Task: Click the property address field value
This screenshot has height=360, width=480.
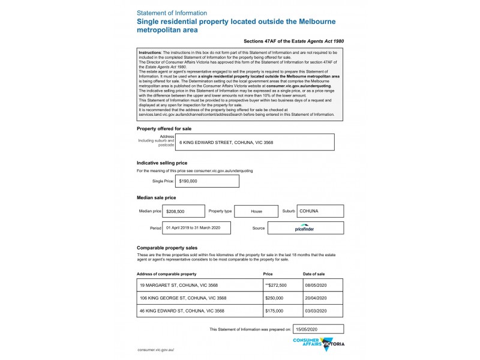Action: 226,142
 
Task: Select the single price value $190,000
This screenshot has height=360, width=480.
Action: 188,181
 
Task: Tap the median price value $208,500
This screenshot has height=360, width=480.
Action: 175,212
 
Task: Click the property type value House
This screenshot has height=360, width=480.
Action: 256,212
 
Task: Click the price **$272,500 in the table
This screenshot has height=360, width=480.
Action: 276,285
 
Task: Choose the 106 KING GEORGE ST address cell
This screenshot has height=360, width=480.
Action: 183,298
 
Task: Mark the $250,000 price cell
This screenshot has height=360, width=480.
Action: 274,298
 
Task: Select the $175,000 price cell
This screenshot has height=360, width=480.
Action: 274,311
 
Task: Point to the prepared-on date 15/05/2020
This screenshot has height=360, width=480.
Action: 306,329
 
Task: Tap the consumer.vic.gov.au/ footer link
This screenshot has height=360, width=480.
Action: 155,349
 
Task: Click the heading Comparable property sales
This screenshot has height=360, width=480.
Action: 167,248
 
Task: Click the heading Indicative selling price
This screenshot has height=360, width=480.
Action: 162,163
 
